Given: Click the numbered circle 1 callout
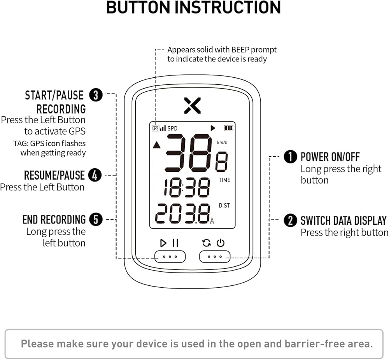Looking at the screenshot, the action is [290, 157].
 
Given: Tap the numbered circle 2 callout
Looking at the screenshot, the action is [290, 220].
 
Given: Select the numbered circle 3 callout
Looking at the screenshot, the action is [96, 95].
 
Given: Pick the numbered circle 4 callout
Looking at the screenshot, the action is [95, 175].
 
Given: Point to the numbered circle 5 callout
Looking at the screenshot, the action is [96, 220].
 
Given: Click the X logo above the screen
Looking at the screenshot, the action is [193, 105].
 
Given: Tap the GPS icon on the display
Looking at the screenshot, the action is [155, 128].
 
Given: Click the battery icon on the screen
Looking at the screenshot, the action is [228, 128].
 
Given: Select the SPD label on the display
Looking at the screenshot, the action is [172, 128].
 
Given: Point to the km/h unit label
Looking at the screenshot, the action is [222, 142].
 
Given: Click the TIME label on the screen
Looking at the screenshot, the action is [224, 180].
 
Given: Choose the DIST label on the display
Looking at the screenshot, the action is [224, 205].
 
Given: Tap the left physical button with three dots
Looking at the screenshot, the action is [170, 257].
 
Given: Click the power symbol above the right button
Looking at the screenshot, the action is [221, 243].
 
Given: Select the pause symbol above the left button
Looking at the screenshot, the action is [175, 243].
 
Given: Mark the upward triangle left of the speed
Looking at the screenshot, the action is [156, 145].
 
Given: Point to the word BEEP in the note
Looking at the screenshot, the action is [242, 50].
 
